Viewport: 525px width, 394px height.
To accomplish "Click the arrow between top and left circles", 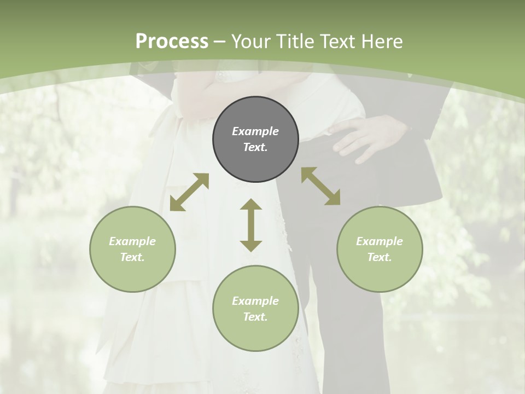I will pyautogui.click(x=189, y=192).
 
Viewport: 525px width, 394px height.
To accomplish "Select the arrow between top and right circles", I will pyautogui.click(x=321, y=186).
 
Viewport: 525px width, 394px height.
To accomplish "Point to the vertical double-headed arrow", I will pyautogui.click(x=251, y=225).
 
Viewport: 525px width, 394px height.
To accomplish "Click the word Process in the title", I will pyautogui.click(x=172, y=41).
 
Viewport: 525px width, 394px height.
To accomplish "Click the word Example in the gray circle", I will pyautogui.click(x=255, y=131).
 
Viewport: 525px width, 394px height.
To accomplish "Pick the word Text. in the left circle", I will pyautogui.click(x=132, y=257).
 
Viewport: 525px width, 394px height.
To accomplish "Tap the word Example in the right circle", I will pyautogui.click(x=380, y=241).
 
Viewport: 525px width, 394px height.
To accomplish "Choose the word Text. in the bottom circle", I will pyautogui.click(x=255, y=317).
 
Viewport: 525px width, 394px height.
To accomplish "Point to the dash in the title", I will pyautogui.click(x=219, y=42).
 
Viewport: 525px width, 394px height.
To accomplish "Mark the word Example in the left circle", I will pyautogui.click(x=132, y=241).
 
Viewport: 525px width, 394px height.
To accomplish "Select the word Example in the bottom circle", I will pyautogui.click(x=255, y=301).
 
